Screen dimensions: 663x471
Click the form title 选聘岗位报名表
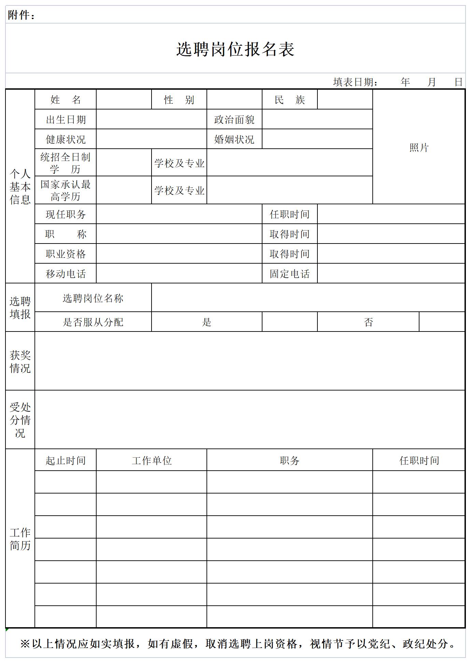[235, 49]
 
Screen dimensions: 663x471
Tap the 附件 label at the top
[21, 15]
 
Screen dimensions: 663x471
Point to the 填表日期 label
[355, 82]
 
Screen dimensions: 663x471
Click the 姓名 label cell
[66, 100]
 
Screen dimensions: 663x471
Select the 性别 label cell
[179, 100]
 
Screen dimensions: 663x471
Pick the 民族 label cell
[289, 100]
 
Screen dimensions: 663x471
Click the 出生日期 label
[66, 120]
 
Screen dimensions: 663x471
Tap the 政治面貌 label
[234, 120]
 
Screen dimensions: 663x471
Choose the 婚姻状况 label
[234, 139]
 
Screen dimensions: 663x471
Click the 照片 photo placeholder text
[419, 148]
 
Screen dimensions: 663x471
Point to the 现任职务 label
[66, 215]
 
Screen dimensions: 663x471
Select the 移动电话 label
[66, 274]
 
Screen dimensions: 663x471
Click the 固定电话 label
[289, 274]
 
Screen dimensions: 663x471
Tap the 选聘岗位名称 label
[93, 298]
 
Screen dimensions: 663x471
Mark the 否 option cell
[368, 322]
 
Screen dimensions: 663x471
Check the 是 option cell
[206, 322]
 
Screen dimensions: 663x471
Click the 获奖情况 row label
[20, 362]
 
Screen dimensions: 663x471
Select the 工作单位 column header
[152, 461]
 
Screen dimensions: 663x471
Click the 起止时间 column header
[66, 461]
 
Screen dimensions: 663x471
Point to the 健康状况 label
[66, 139]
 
